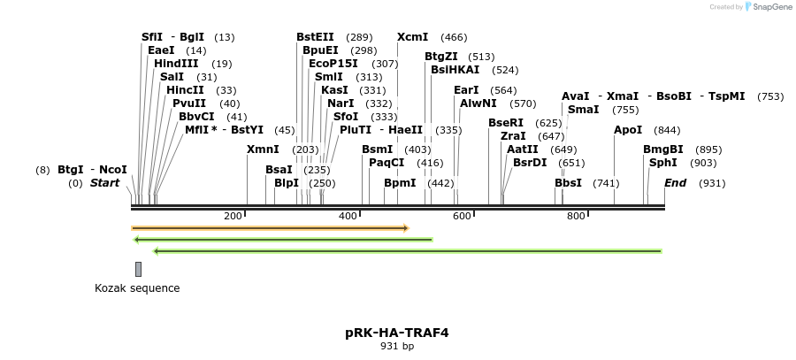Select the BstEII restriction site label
[315, 37]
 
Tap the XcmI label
[412, 37]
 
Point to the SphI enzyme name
[663, 163]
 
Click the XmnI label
[263, 149]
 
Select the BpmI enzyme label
[400, 183]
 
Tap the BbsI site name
[568, 183]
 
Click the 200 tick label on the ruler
[233, 216]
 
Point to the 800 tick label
[576, 216]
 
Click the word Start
[104, 183]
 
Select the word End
[675, 183]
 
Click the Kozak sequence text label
[137, 287]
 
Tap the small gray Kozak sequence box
[138, 269]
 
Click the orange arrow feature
[270, 227]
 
